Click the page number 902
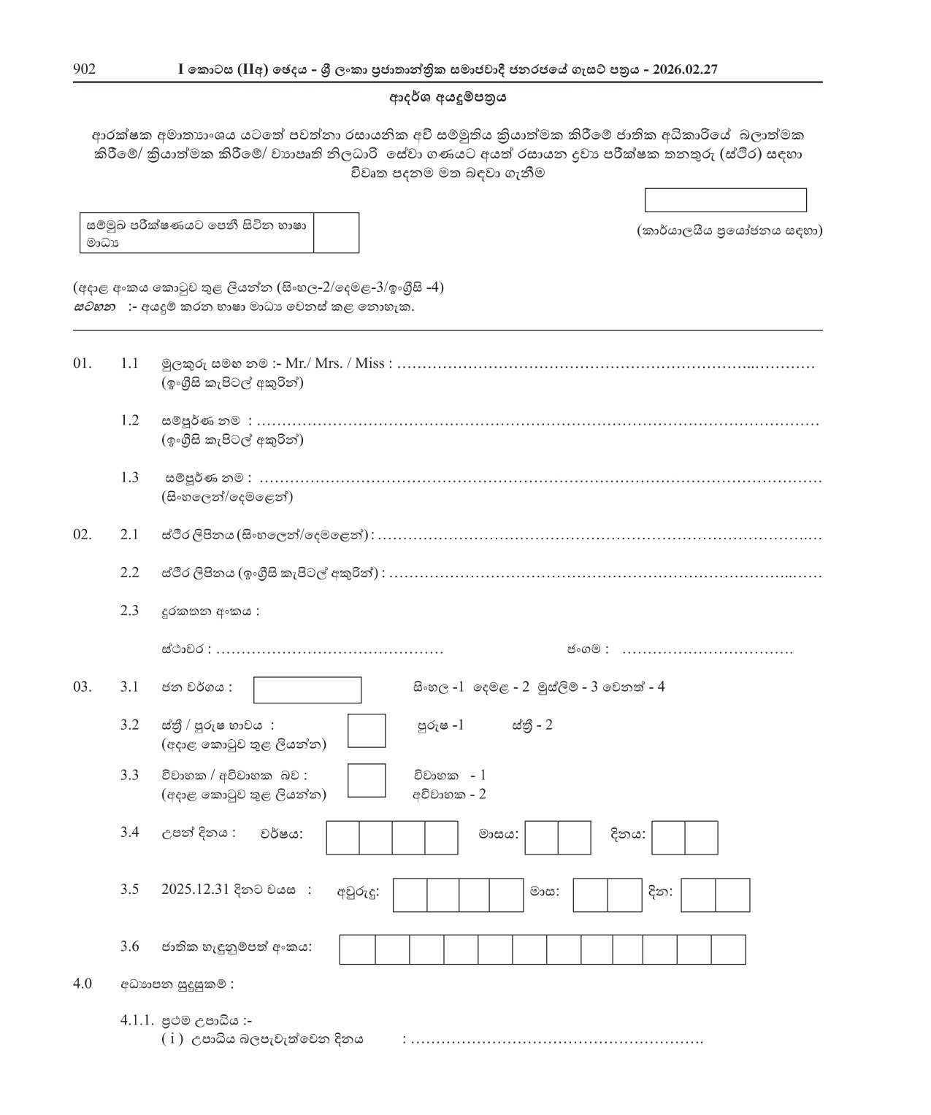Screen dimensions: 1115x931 coord(85,69)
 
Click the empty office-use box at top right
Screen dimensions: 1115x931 coord(725,200)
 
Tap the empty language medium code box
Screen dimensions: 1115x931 coord(336,233)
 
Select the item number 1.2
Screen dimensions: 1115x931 coord(129,420)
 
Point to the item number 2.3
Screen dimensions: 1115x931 coord(129,610)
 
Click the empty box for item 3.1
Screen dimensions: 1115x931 coord(307,690)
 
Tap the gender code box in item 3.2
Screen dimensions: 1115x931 coord(366,730)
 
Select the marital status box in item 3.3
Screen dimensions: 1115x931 coord(366,780)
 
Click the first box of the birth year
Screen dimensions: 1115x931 coord(342,838)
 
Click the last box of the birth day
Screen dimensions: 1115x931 coord(701,838)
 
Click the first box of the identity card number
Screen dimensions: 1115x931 coord(357,949)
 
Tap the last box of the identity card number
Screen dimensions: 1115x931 coord(728,949)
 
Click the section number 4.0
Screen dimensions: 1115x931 coord(83,984)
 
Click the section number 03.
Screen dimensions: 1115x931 coord(83,687)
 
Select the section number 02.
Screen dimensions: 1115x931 coord(83,534)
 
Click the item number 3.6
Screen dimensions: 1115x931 coord(129,946)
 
